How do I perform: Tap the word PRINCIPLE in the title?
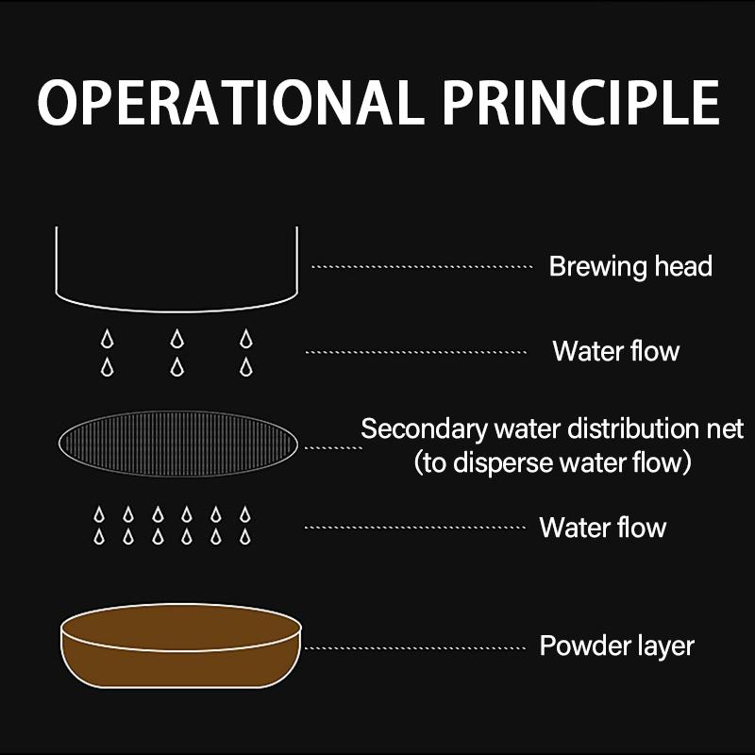pos(581,103)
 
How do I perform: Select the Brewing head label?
pos(630,267)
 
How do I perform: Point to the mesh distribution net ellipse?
pos(177,444)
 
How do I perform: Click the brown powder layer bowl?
pos(181,646)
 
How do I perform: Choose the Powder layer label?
pos(617,646)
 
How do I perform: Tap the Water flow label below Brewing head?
pos(616,351)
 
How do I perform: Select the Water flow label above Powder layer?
pos(603,528)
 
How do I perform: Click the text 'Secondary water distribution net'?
pos(552,428)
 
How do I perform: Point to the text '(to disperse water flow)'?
pos(553,462)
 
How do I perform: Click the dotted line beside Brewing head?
pos(422,267)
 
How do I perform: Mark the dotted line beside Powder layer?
pos(415,648)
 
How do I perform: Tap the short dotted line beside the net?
pos(334,447)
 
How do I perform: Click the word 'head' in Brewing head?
pos(683,266)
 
